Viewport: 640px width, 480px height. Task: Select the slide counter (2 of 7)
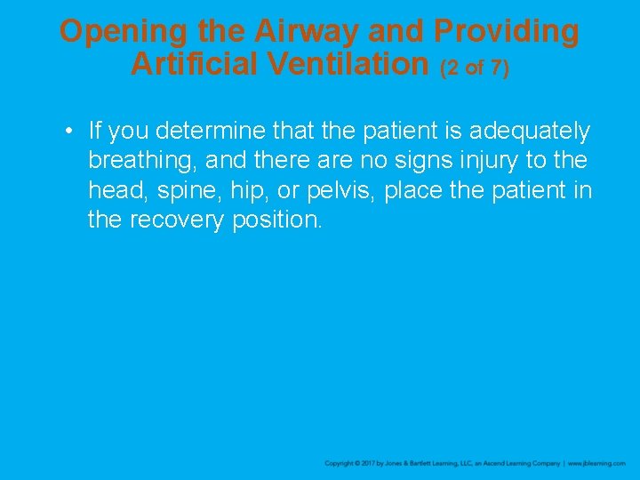(x=475, y=68)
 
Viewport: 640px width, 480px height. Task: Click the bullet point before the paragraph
(x=68, y=132)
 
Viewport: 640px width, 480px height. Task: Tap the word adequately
(x=529, y=132)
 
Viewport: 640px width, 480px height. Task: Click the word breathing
(x=141, y=162)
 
